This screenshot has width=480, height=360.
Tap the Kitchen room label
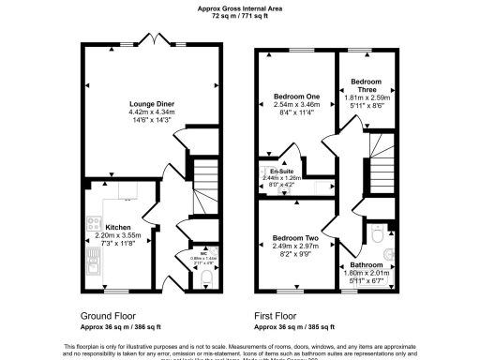tap(118, 227)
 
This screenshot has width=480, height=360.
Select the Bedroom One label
tap(296, 96)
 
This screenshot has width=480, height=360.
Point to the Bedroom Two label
tap(296, 238)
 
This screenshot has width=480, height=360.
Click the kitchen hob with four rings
tap(94, 224)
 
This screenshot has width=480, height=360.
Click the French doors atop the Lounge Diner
tap(151, 40)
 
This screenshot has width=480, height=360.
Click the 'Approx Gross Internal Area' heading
tap(239, 7)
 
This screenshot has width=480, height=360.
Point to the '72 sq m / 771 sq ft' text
tap(239, 16)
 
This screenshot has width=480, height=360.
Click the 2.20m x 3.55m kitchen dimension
tap(118, 235)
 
